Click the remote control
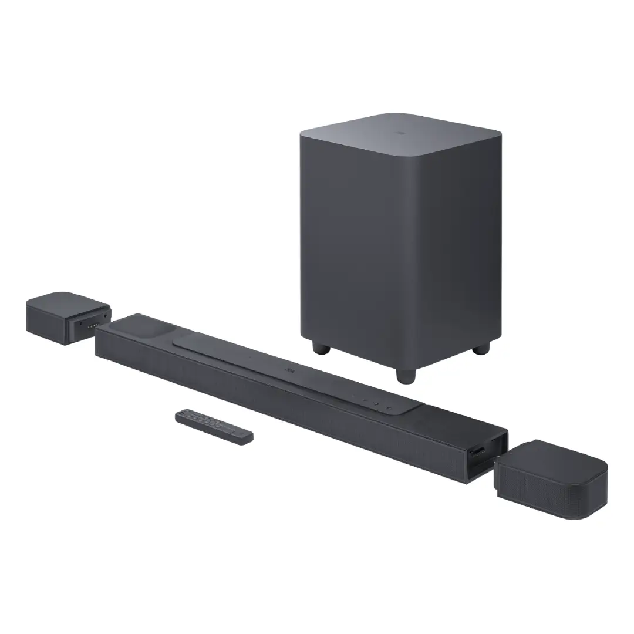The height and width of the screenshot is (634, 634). (x=214, y=427)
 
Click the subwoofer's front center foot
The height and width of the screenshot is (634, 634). (x=405, y=375)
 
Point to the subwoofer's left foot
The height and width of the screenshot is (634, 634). (x=321, y=348)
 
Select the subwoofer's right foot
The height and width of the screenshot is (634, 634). (x=481, y=348)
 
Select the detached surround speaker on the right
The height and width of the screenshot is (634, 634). (x=550, y=478)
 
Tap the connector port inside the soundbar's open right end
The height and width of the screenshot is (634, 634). (x=478, y=451)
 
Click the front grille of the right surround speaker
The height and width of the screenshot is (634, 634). (x=537, y=490)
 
